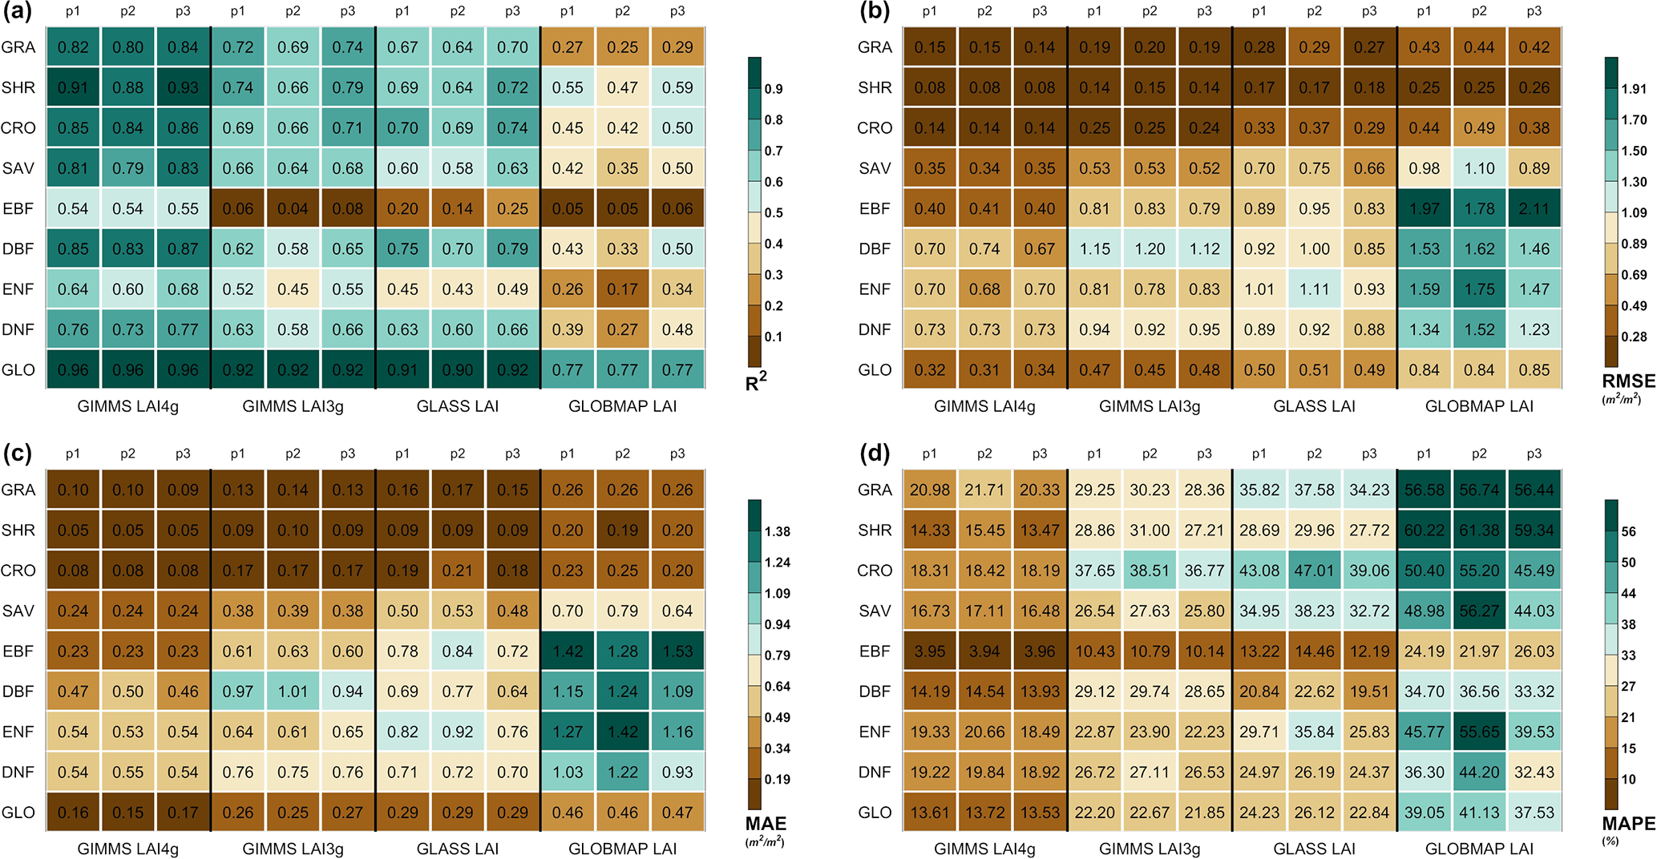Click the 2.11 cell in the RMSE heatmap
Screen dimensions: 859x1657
[x=1534, y=209]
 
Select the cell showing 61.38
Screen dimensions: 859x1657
[x=1479, y=530]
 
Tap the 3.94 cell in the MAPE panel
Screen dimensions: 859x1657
[x=984, y=651]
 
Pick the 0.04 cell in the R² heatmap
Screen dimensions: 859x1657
[x=293, y=209]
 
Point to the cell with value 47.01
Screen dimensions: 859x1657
[x=1314, y=571]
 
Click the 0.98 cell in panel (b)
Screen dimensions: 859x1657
[x=1424, y=168]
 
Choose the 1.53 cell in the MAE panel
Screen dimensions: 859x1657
[x=677, y=651]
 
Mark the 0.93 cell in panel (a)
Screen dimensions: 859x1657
[x=183, y=87]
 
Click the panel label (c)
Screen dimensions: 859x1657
[x=17, y=454]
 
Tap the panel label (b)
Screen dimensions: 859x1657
[x=874, y=11]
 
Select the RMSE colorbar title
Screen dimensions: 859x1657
[x=1628, y=381]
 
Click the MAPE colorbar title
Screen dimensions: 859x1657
[x=1628, y=824]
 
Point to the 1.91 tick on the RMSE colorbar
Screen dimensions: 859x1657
[x=1634, y=89]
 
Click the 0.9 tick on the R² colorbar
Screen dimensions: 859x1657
[x=774, y=89]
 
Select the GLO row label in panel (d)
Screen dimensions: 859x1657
[x=875, y=813]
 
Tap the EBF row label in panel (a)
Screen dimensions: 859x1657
[x=18, y=209]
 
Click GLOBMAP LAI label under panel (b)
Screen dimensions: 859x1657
[x=1479, y=406]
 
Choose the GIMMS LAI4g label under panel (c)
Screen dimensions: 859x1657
[x=128, y=849]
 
